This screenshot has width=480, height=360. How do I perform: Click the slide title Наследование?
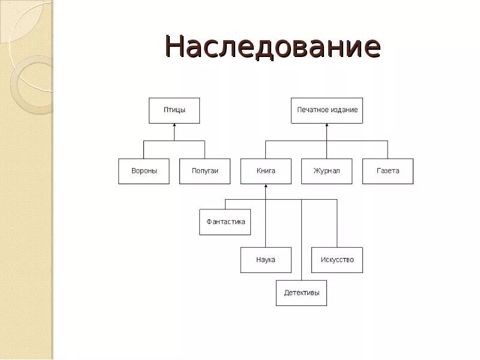tap(273, 46)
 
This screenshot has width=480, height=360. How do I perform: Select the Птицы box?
tap(174, 110)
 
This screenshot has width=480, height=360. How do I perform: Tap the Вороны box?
tap(144, 171)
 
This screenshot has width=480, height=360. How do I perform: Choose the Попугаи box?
tap(205, 171)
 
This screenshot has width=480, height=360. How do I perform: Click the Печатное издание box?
tap(327, 110)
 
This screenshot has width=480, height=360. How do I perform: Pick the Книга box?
tap(266, 171)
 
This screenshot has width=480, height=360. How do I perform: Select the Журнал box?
tap(326, 171)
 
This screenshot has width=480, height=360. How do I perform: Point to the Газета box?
tap(388, 171)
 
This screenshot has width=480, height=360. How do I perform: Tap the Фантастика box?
tap(225, 222)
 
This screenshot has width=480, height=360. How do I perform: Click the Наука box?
tap(266, 260)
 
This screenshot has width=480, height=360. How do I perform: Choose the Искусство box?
tap(337, 260)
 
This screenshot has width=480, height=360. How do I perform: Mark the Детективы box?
tap(301, 293)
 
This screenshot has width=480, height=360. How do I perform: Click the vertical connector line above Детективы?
tap(301, 240)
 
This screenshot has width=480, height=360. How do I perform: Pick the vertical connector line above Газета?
tap(388, 150)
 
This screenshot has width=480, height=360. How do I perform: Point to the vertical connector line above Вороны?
tap(144, 150)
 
